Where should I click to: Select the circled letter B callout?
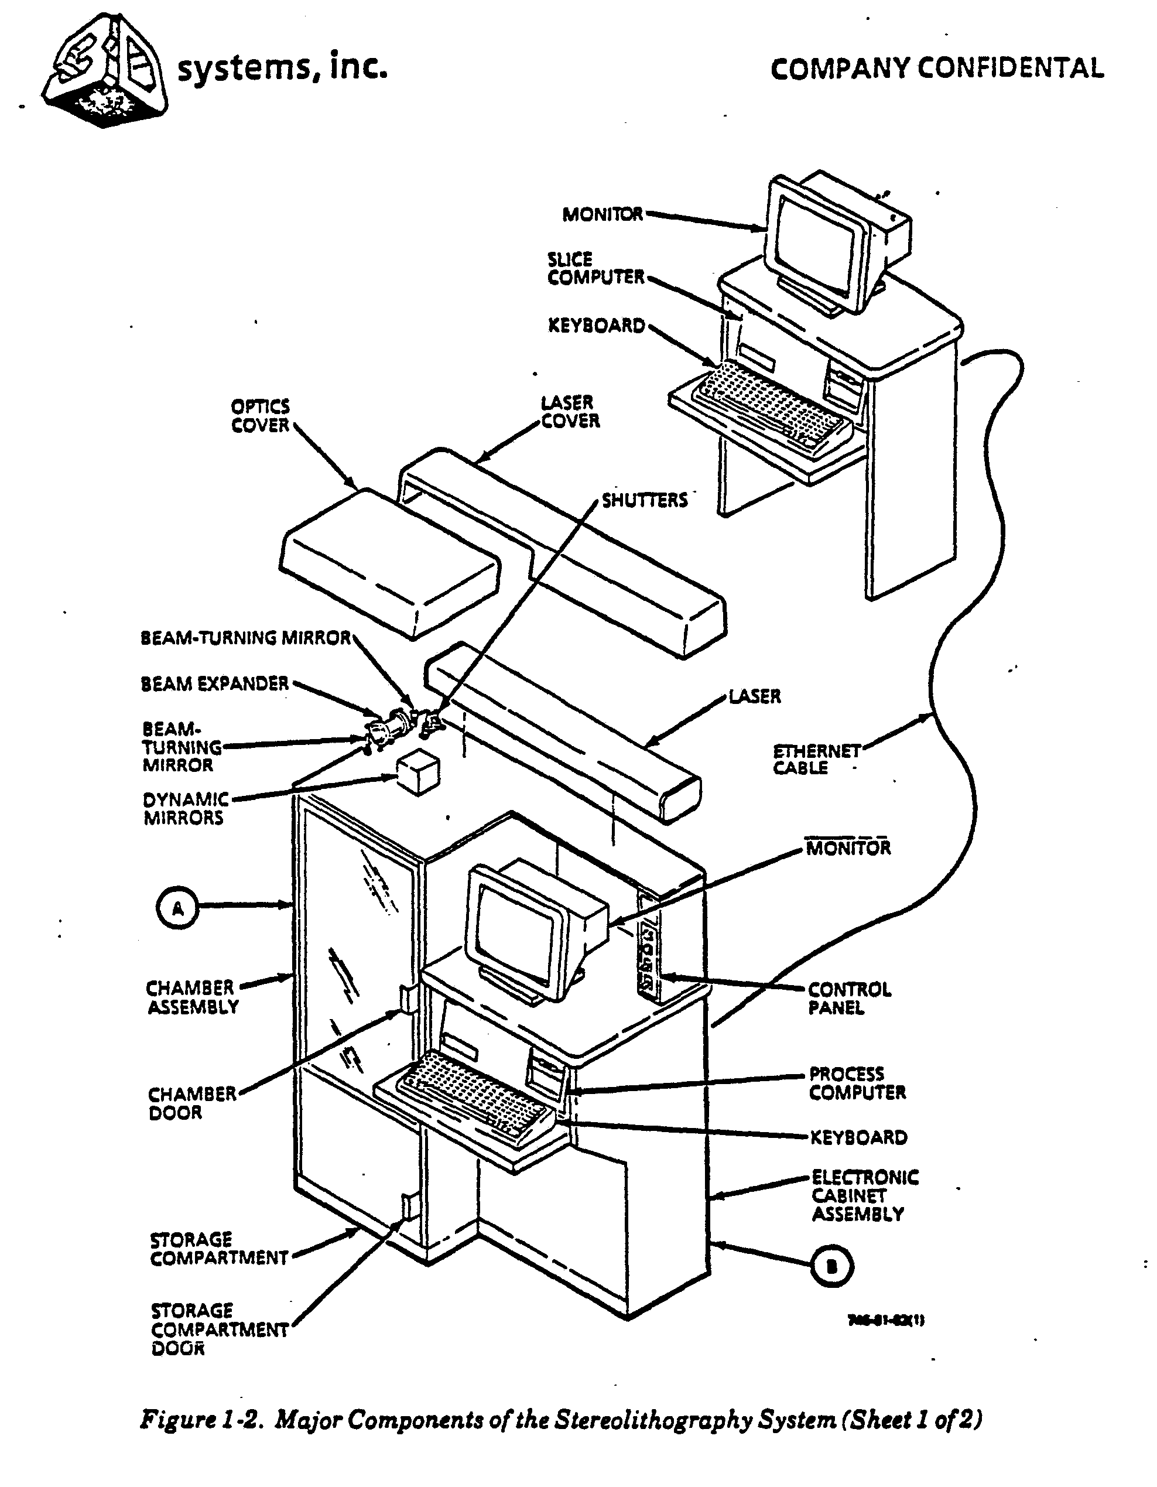831,1266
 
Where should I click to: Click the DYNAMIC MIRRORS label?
185,808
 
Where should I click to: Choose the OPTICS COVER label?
261,416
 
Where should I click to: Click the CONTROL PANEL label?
848,998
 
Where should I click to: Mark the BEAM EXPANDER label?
215,683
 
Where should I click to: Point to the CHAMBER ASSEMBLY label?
193,997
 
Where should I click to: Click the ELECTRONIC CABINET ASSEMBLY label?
864,1195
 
